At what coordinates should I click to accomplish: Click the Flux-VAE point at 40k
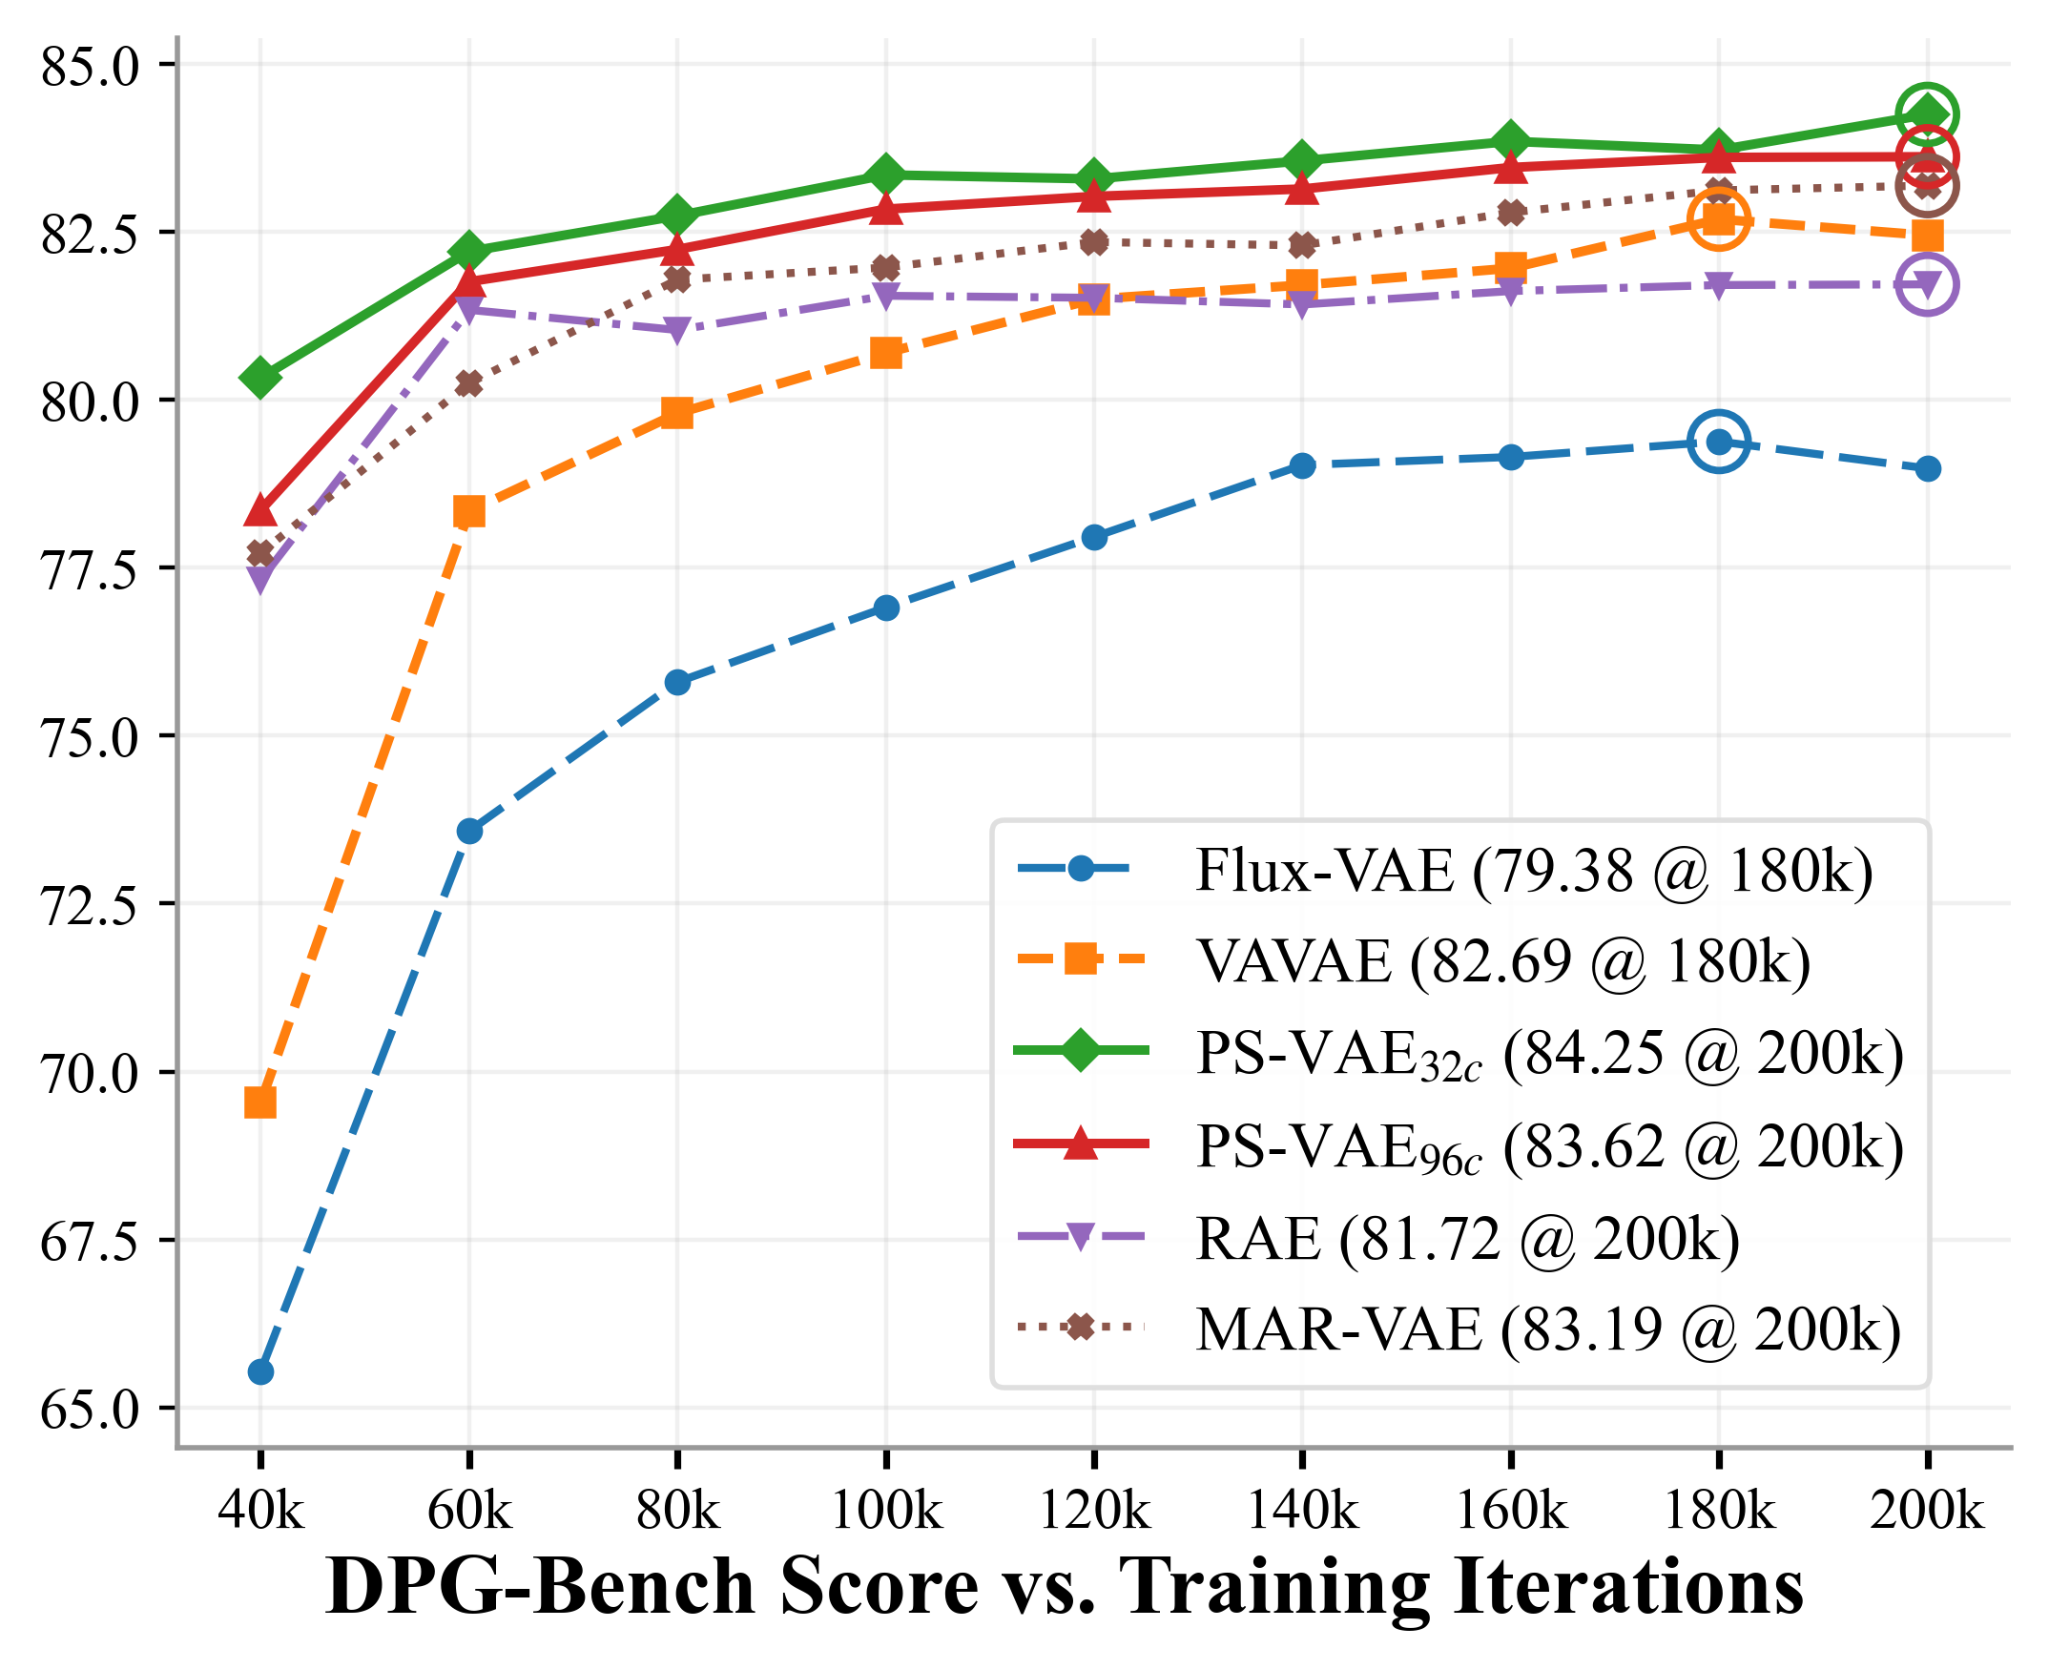pyautogui.click(x=260, y=1372)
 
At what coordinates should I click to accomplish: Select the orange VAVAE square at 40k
pyautogui.click(x=260, y=1102)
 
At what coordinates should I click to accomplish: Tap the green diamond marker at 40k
pyautogui.click(x=260, y=378)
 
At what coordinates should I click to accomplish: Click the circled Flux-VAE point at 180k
pyautogui.click(x=1719, y=443)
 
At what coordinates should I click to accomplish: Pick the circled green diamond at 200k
pyautogui.click(x=1927, y=115)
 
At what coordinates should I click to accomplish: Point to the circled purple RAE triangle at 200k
pyautogui.click(x=1927, y=284)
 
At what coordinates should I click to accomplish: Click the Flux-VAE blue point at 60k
pyautogui.click(x=469, y=831)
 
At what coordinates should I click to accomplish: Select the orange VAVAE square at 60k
pyautogui.click(x=469, y=511)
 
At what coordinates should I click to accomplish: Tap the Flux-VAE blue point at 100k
pyautogui.click(x=886, y=608)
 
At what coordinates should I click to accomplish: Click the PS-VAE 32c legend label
pyautogui.click(x=1548, y=1055)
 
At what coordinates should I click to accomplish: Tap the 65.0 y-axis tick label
pyautogui.click(x=91, y=1410)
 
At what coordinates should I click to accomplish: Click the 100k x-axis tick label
pyautogui.click(x=886, y=1511)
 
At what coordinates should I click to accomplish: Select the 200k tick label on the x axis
pyautogui.click(x=1927, y=1511)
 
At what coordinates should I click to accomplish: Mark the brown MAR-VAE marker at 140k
pyautogui.click(x=1303, y=245)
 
